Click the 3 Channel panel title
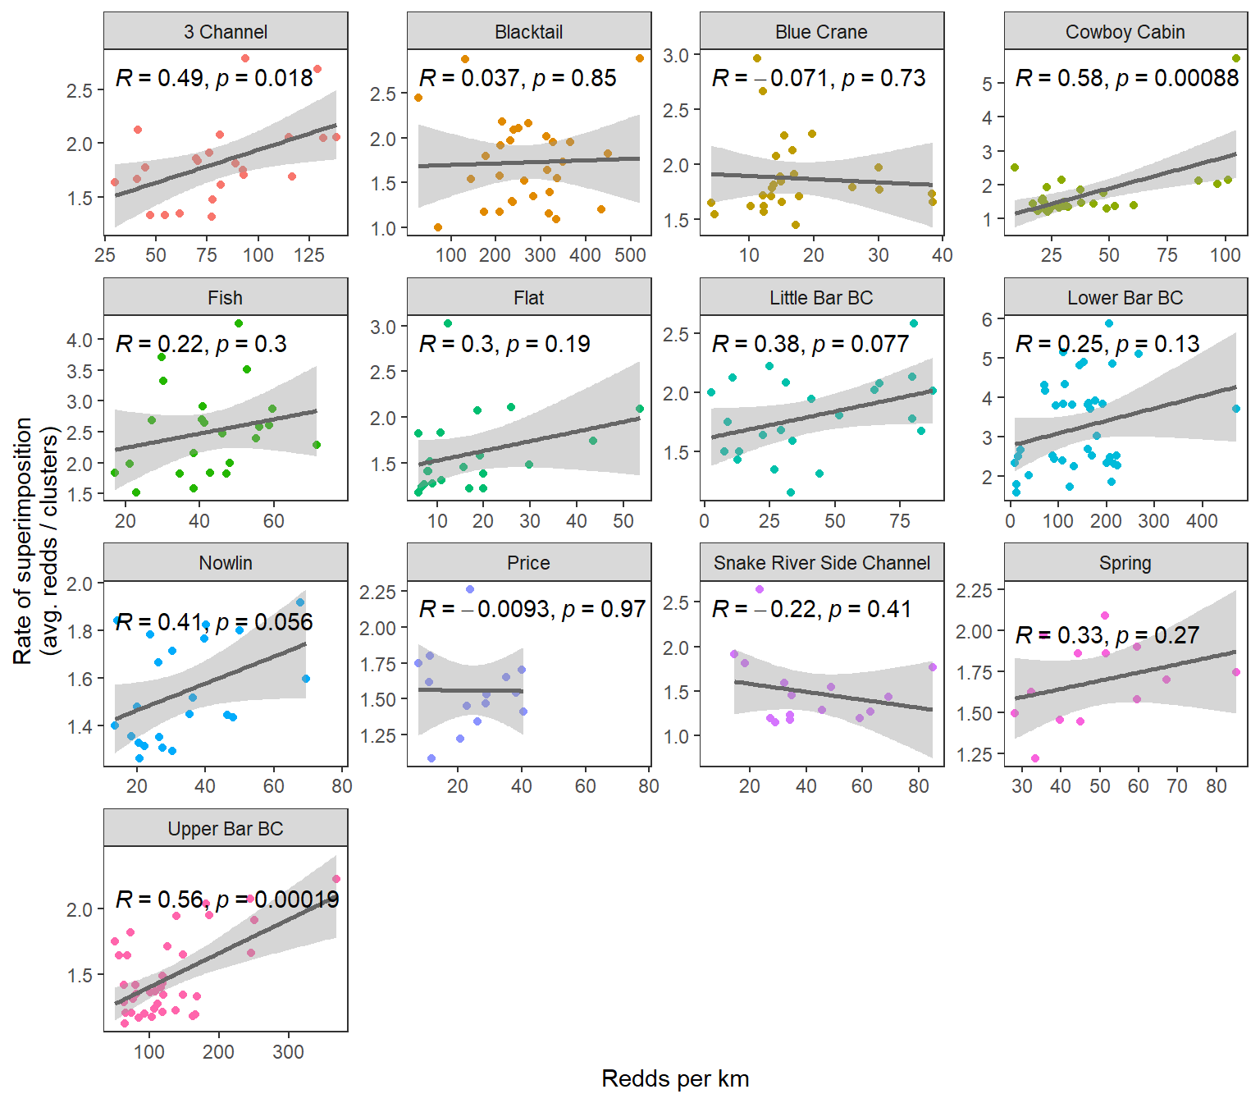click(226, 32)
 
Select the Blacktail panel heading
click(529, 32)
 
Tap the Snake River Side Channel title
click(822, 563)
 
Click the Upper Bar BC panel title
click(226, 829)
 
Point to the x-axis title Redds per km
click(675, 1078)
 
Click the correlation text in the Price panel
click(532, 609)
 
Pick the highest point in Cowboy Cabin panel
click(1236, 58)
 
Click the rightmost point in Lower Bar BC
click(1236, 409)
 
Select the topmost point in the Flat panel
click(448, 323)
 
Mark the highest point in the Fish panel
click(239, 323)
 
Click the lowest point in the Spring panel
click(1035, 758)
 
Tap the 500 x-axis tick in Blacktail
click(630, 255)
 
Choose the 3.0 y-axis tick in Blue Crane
click(676, 56)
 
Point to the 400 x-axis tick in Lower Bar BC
click(1202, 520)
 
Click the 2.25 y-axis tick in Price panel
click(378, 592)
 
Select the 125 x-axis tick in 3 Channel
click(309, 255)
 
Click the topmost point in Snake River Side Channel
click(760, 589)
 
